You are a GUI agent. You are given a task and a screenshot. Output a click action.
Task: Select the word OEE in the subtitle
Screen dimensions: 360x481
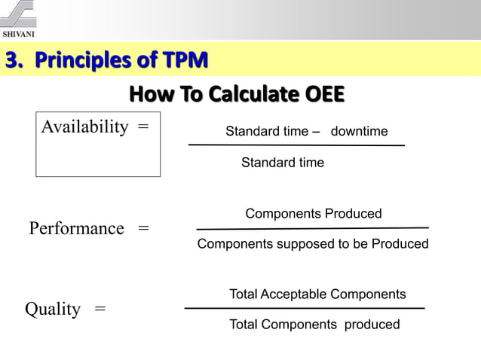tap(322, 96)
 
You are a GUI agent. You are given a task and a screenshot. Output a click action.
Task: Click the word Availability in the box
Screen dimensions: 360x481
tap(84, 127)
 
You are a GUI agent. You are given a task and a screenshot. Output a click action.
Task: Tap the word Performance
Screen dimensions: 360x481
tap(76, 228)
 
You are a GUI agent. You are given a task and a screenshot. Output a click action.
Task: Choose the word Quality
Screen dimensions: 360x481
tap(53, 310)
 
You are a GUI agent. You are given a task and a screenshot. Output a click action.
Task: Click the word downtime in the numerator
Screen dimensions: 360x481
tap(360, 132)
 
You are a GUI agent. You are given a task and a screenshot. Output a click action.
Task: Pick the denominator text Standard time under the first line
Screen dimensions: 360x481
tap(283, 163)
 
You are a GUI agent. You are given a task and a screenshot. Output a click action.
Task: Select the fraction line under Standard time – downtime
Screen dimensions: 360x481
tap(296, 145)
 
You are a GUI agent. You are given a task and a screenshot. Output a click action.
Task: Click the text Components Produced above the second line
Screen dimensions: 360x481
tap(314, 214)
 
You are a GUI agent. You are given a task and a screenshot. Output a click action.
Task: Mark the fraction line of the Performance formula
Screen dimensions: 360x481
tap(312, 228)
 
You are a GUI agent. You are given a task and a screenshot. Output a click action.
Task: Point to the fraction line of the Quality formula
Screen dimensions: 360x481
tap(305, 308)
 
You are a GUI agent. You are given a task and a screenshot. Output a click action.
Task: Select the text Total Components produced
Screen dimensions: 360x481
tap(314, 325)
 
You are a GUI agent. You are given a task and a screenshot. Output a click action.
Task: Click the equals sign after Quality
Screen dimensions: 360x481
tap(100, 310)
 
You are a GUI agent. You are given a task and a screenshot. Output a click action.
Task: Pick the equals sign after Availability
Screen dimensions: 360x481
tap(142, 127)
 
